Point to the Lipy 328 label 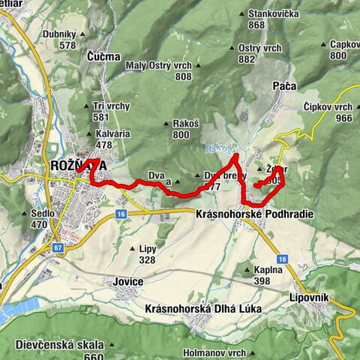click(146, 253)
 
